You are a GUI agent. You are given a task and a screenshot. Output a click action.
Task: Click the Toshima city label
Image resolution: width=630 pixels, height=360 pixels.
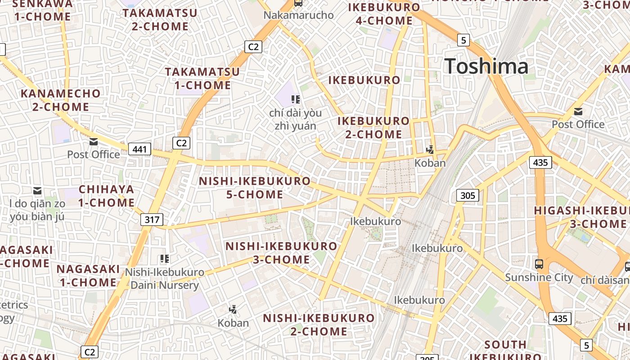[x=486, y=67]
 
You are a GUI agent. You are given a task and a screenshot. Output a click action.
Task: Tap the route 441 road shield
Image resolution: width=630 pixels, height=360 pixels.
[x=139, y=148]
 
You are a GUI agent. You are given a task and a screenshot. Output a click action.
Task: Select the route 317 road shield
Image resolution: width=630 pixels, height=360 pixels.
[x=152, y=220]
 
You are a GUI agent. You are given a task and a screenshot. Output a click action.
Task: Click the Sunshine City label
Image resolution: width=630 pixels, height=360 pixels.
[x=539, y=277]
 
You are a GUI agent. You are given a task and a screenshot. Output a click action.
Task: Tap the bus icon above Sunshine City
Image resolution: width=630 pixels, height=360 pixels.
[x=539, y=264]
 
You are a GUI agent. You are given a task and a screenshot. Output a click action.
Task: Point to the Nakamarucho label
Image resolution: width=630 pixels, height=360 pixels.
[x=298, y=15]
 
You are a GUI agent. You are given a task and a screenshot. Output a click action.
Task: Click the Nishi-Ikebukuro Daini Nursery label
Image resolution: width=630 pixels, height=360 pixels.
[x=164, y=279]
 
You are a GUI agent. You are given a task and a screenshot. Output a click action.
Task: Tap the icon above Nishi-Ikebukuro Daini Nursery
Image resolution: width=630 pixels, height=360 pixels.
[x=164, y=259]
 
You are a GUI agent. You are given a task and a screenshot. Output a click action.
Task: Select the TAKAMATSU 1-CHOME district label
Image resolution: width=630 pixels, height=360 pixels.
[x=202, y=78]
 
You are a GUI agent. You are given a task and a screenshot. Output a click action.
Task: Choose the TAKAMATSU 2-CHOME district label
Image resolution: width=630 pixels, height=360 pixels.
[x=160, y=20]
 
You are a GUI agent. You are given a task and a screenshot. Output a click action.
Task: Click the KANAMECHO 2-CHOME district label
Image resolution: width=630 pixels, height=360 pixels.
[x=61, y=100]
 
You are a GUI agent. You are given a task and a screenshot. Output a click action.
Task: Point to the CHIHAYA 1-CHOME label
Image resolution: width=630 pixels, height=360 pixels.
[x=107, y=196]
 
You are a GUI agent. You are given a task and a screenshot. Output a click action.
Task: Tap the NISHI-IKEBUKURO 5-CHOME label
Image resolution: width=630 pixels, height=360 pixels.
[x=255, y=188]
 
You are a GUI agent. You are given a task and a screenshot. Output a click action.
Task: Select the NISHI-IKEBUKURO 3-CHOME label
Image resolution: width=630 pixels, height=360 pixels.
[x=281, y=253]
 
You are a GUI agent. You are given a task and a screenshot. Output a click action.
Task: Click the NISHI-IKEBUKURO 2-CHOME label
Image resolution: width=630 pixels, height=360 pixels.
[x=319, y=324]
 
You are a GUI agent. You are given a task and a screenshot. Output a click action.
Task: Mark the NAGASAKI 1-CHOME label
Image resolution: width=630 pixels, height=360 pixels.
[x=88, y=276]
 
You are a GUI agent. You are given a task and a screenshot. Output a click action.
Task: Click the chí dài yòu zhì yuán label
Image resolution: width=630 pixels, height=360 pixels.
[x=296, y=119]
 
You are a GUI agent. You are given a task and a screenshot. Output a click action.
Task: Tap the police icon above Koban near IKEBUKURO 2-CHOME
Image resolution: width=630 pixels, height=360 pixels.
[x=431, y=149]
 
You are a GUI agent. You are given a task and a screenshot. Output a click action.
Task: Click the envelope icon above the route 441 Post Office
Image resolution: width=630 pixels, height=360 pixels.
[x=94, y=142]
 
